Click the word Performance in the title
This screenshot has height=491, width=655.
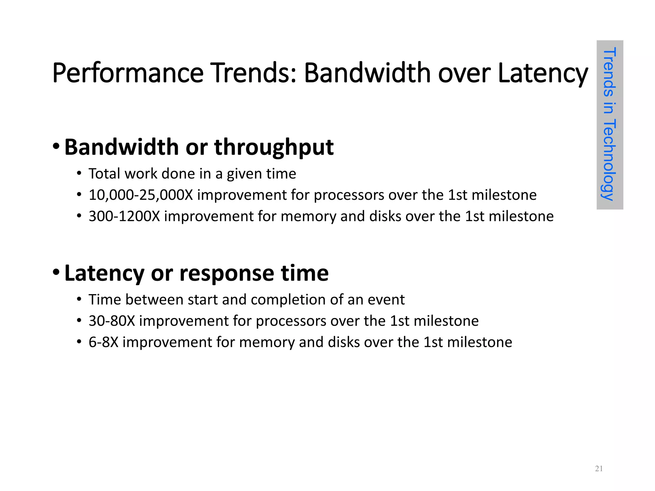click(128, 74)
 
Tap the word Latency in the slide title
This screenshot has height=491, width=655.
click(543, 74)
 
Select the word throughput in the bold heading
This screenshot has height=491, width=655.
click(274, 147)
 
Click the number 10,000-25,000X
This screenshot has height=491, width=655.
click(141, 195)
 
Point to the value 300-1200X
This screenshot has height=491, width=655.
click(124, 216)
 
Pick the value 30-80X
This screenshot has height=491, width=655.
click(112, 321)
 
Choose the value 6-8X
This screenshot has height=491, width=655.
click(103, 342)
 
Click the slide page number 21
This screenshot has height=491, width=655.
click(599, 469)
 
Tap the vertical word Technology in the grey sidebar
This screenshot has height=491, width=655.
click(609, 160)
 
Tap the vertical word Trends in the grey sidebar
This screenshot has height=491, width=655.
click(609, 72)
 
